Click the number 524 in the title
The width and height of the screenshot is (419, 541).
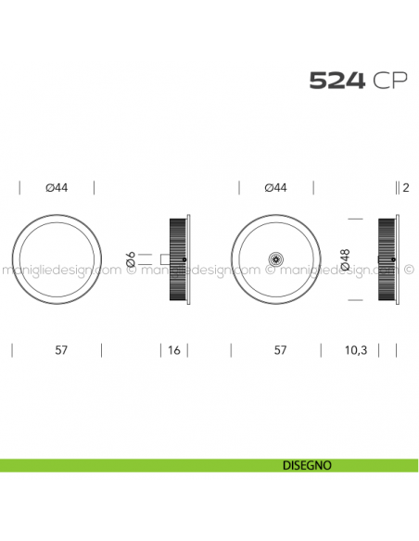(337, 82)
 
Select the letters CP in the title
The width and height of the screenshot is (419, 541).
(389, 82)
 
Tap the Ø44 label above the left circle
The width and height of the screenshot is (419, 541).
(57, 188)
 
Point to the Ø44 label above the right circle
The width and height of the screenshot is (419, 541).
(275, 188)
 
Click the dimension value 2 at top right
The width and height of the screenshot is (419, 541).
(406, 188)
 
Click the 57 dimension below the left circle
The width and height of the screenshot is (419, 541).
(61, 350)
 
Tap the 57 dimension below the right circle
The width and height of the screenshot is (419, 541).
(280, 350)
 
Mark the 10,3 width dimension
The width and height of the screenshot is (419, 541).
(356, 350)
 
